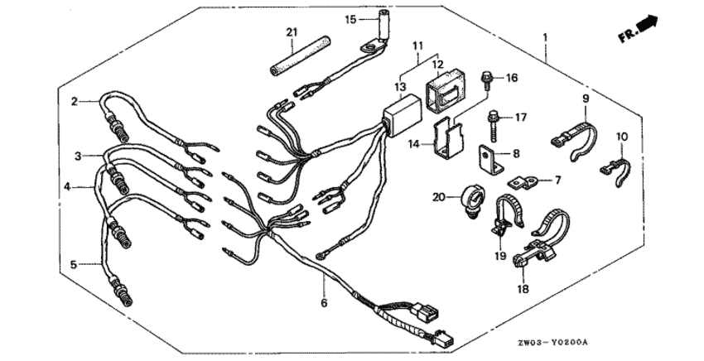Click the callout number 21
pyautogui.click(x=292, y=32)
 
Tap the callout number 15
pyautogui.click(x=350, y=19)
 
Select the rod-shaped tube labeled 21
pyautogui.click(x=301, y=57)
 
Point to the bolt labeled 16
pyautogui.click(x=486, y=80)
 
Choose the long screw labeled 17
pyautogui.click(x=492, y=123)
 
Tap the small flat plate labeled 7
pyautogui.click(x=522, y=182)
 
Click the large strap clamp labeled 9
pyautogui.click(x=575, y=138)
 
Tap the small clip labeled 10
pyautogui.click(x=615, y=169)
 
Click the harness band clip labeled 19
pyautogui.click(x=506, y=214)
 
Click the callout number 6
pyautogui.click(x=324, y=303)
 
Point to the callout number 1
pyautogui.click(x=546, y=38)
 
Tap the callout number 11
pyautogui.click(x=418, y=46)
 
